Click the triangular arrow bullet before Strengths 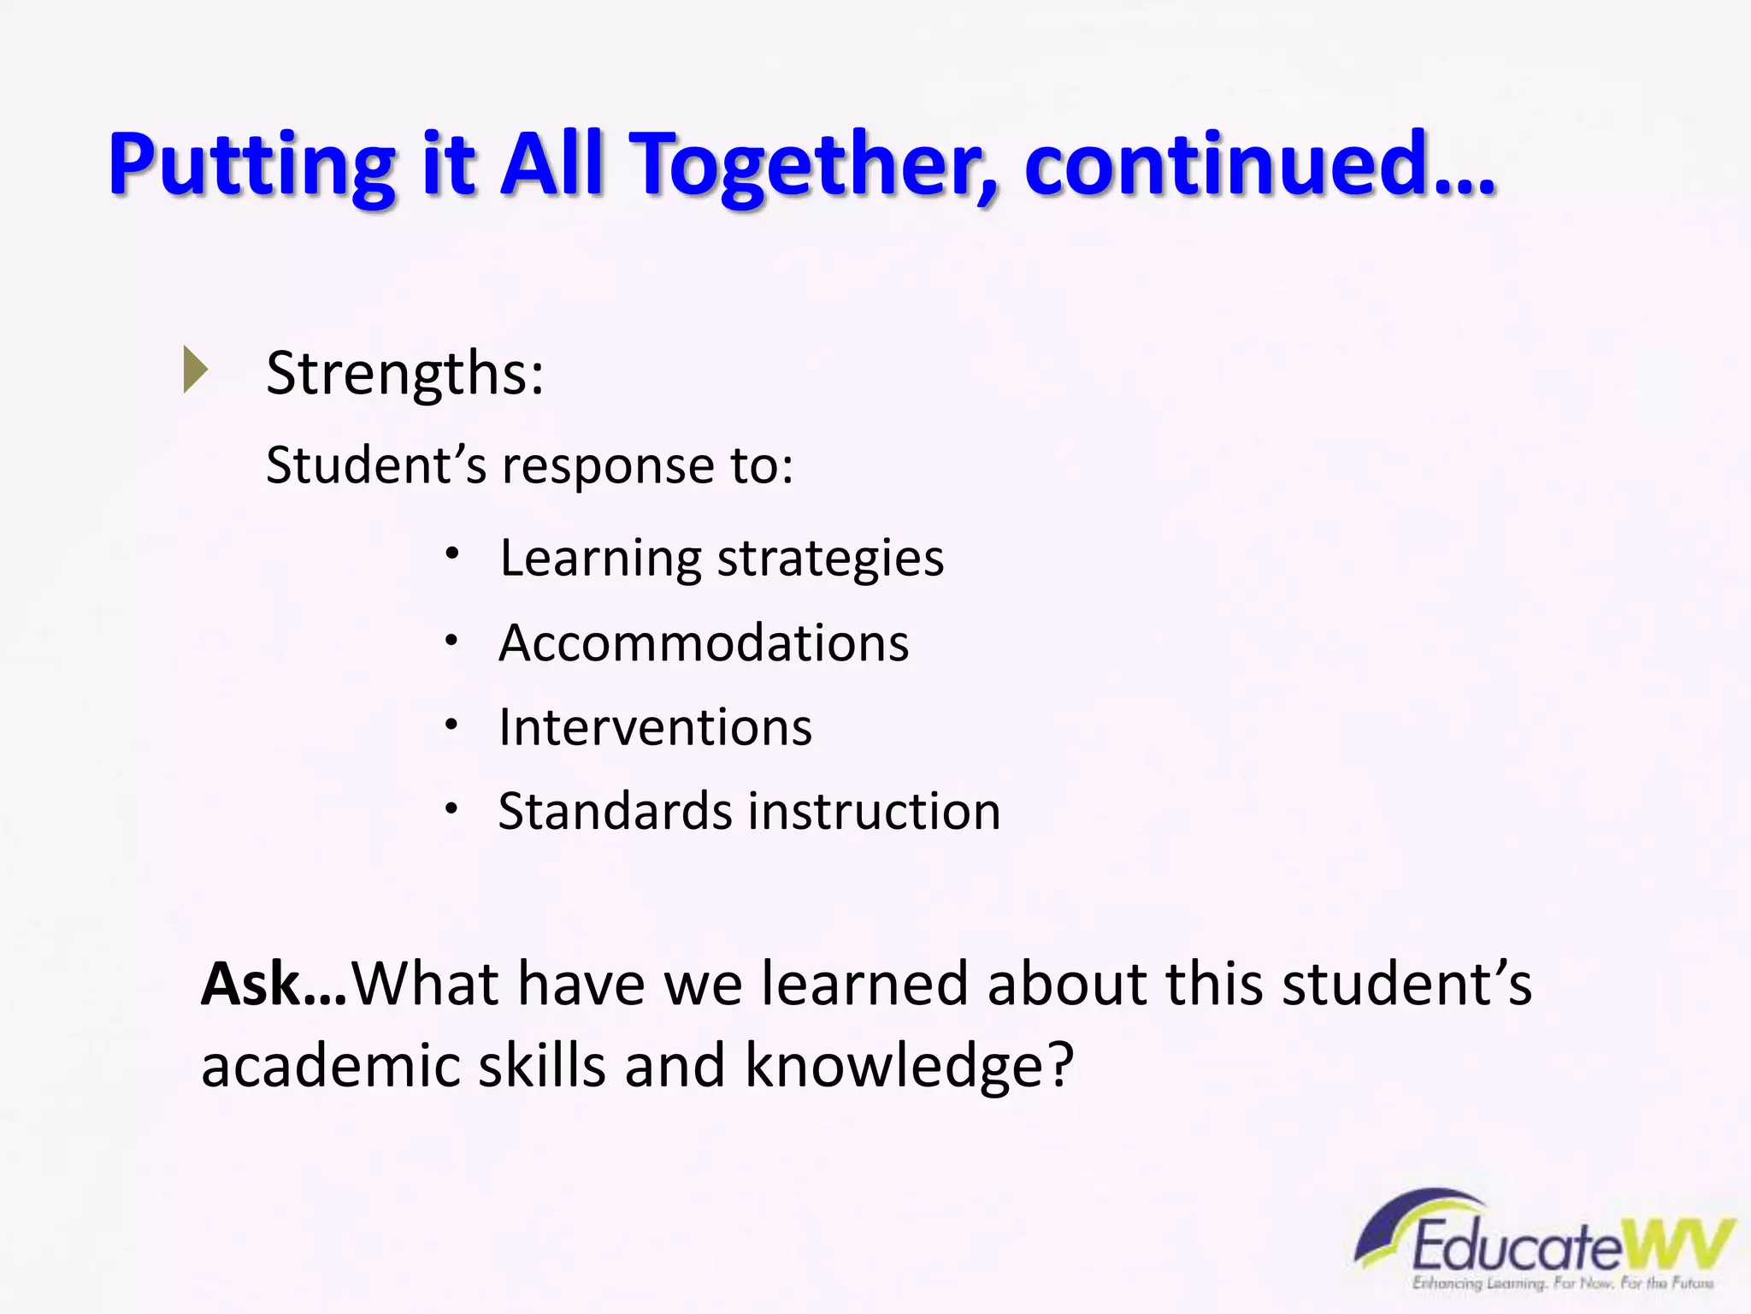pyautogui.click(x=196, y=370)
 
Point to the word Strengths pyautogui.click(x=404, y=374)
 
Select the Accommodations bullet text pyautogui.click(x=704, y=642)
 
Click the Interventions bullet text pyautogui.click(x=655, y=727)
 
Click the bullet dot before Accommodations pyautogui.click(x=452, y=639)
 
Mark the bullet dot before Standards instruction pyautogui.click(x=452, y=808)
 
